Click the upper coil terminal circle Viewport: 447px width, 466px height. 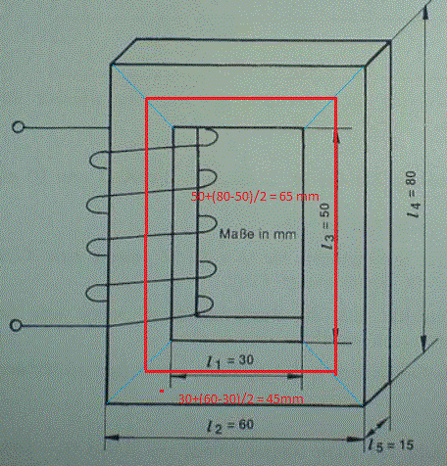pos(18,127)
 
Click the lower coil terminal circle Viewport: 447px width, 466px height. pos(16,325)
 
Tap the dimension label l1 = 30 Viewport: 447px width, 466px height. pos(230,361)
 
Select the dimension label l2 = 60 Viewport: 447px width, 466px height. pos(230,426)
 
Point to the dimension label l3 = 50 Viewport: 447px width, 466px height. pos(327,226)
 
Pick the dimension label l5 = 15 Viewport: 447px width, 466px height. pos(391,445)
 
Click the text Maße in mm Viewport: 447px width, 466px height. pos(258,234)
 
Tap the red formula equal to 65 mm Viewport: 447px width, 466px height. pos(255,197)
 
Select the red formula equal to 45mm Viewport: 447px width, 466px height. pos(241,398)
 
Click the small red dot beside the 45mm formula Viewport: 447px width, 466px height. pos(162,391)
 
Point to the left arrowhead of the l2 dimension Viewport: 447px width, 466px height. pos(111,438)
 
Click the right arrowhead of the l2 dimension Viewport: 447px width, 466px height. pos(356,439)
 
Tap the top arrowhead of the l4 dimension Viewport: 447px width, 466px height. pos(425,13)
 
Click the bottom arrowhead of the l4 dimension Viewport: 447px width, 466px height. pos(423,345)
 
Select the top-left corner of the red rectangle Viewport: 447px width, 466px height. pos(146,98)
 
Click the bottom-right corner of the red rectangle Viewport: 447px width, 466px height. pos(335,371)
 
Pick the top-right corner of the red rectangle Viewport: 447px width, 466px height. pos(335,98)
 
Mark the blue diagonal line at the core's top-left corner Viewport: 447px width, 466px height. pos(142,96)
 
